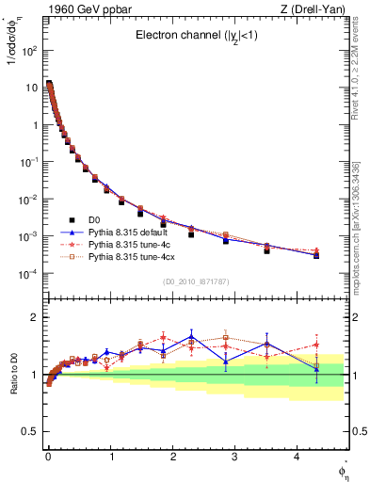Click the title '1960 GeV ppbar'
(x=75, y=9)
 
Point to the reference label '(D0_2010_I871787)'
(x=197, y=281)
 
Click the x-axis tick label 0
(x=48, y=461)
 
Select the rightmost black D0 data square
(x=316, y=255)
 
